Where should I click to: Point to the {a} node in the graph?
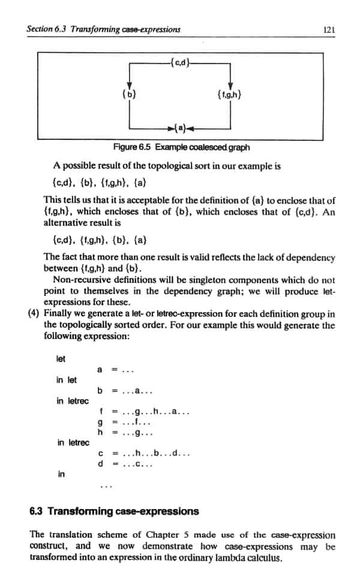(180, 128)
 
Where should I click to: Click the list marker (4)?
(34, 314)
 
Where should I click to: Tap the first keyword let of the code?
(60, 358)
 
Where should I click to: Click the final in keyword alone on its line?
(61, 474)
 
